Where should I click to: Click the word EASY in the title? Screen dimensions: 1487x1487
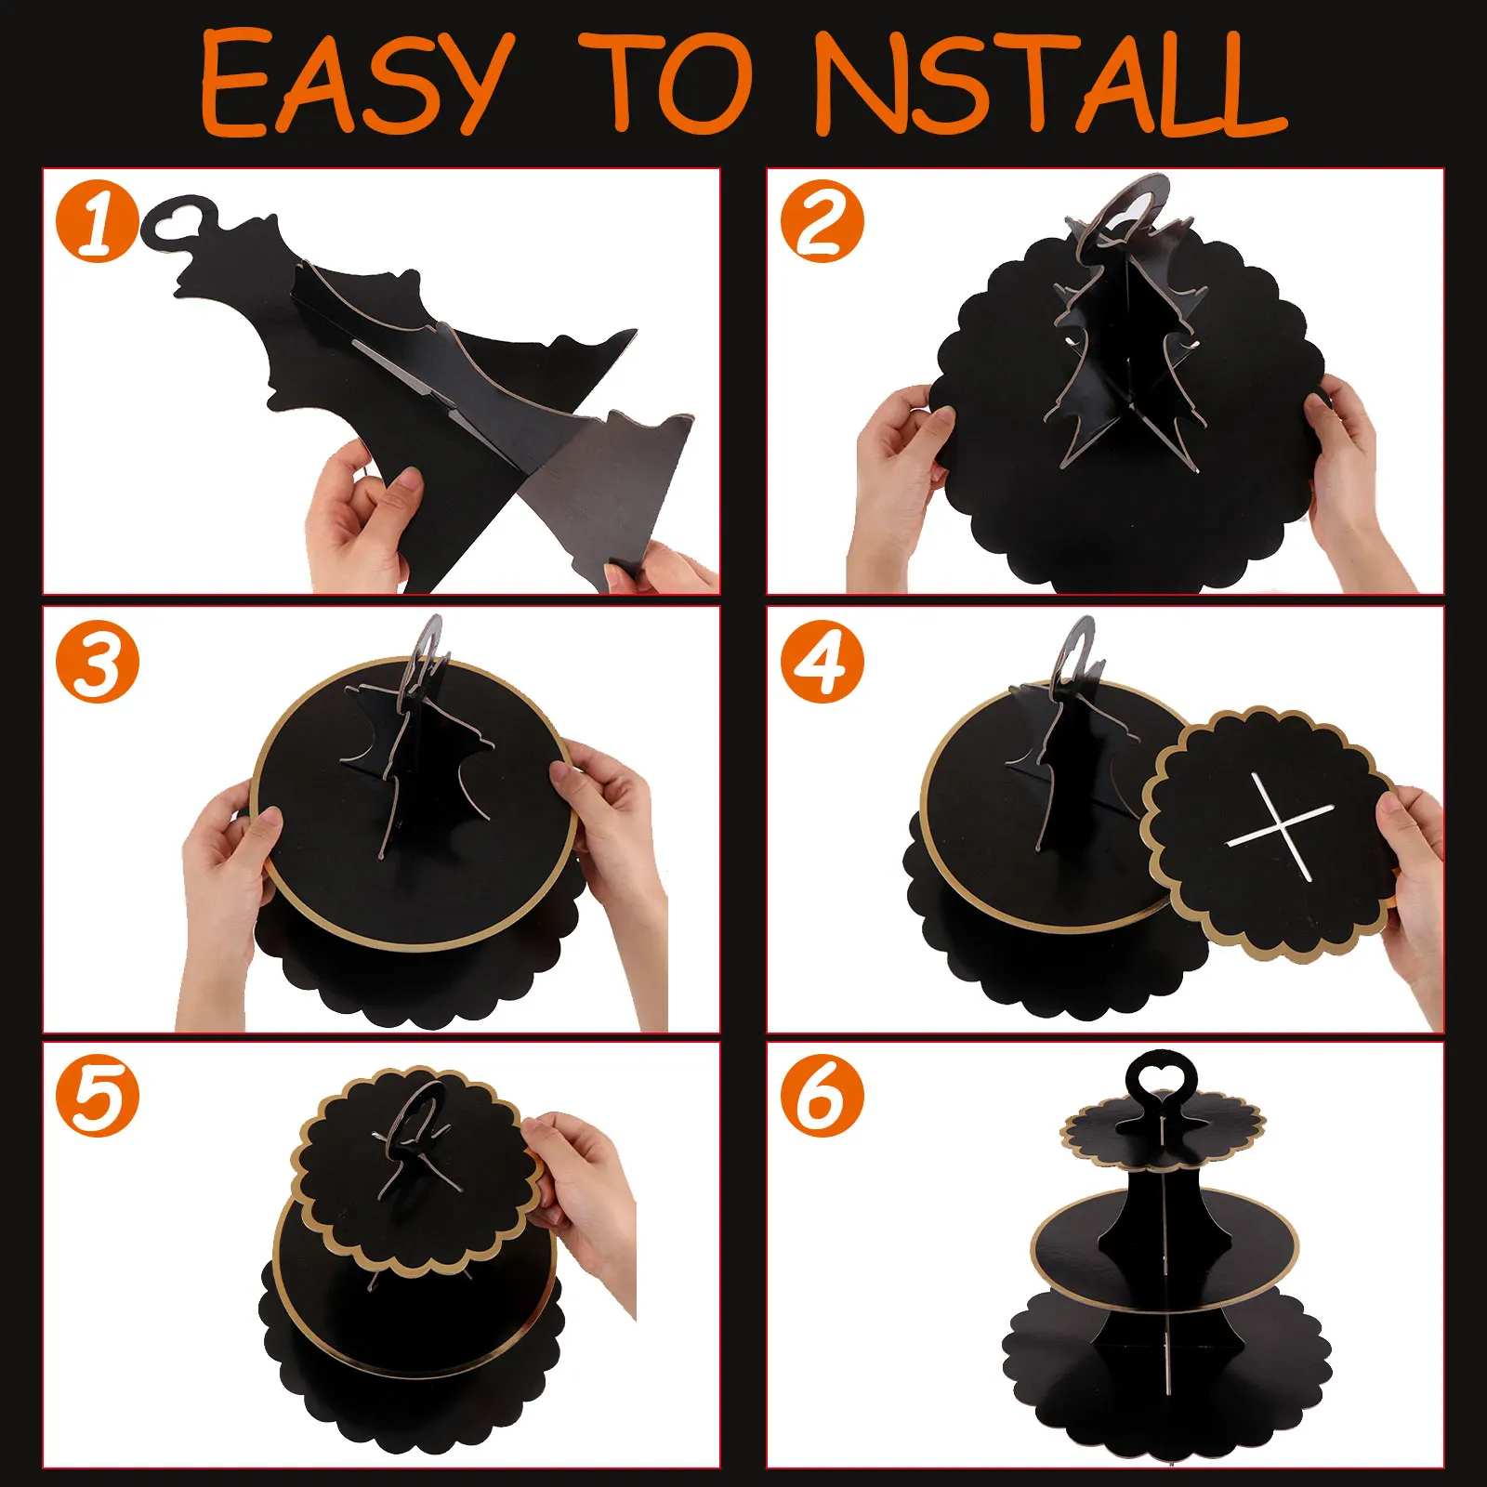(x=357, y=83)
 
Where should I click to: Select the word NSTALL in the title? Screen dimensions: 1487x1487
(x=1050, y=84)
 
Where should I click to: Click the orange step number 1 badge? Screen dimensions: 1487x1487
(x=98, y=222)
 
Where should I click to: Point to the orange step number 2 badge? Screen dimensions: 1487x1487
(x=822, y=222)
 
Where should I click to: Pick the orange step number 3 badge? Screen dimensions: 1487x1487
(x=98, y=661)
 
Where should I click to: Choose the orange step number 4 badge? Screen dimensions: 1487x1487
(x=822, y=661)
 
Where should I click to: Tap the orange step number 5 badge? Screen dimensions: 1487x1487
(x=98, y=1096)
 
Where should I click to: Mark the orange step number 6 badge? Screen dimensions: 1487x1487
(x=822, y=1096)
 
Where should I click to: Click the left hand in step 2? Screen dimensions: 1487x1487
(x=897, y=483)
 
